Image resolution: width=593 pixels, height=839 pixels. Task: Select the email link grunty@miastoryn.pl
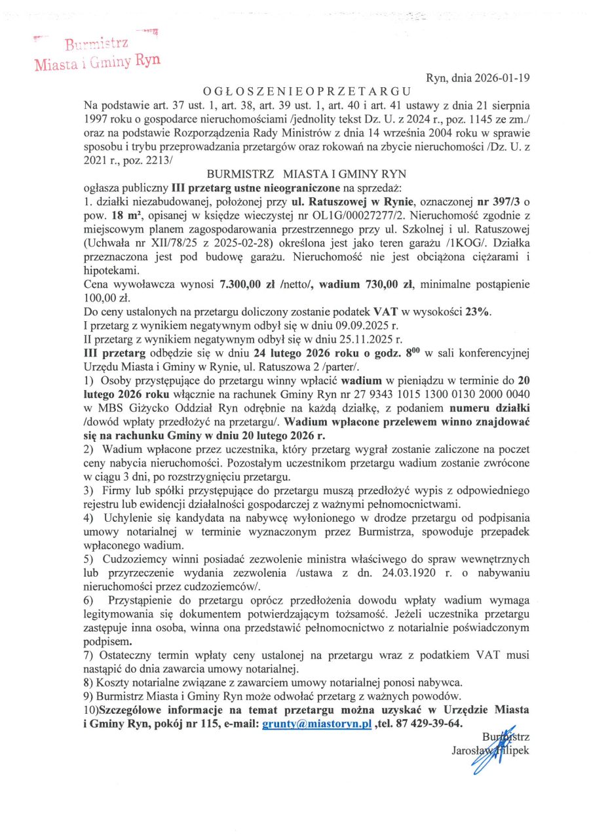(316, 723)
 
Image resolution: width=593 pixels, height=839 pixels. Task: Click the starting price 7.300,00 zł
(252, 286)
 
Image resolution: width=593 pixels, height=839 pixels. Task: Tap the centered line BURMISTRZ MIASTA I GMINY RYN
(307, 174)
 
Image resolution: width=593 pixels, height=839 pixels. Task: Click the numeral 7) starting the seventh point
(90, 655)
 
